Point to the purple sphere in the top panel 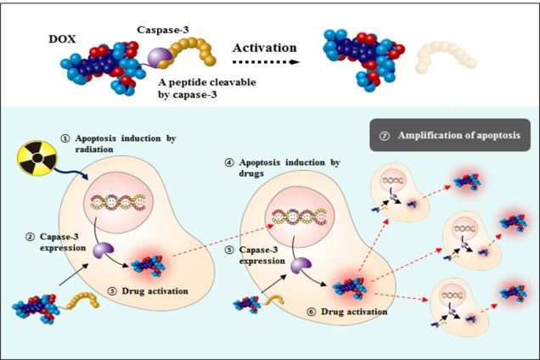159,57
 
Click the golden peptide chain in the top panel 196,54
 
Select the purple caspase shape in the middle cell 301,267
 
